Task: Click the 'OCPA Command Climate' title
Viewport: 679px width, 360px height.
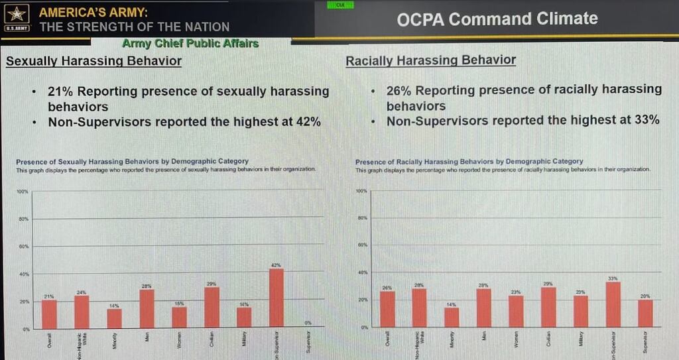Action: (497, 19)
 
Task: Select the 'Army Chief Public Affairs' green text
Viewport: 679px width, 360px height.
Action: (190, 44)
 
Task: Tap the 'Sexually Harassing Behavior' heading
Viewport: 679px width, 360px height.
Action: (93, 61)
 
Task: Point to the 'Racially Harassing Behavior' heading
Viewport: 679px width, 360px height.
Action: (430, 60)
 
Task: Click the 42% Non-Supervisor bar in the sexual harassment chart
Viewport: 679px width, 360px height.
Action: (277, 298)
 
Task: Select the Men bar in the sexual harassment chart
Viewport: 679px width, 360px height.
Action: (147, 308)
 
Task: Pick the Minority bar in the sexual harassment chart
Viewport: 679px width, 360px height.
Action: (115, 318)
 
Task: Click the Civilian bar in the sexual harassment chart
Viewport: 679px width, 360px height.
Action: (212, 308)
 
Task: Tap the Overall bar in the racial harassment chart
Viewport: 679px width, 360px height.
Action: (387, 309)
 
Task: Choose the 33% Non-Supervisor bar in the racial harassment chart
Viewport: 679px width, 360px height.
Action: (613, 304)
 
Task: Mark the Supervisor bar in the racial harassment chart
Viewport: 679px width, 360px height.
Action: (645, 313)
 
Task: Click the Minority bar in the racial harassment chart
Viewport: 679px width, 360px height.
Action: (452, 317)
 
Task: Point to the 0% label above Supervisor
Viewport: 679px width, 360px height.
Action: (308, 324)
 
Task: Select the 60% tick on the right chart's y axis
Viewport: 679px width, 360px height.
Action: (362, 245)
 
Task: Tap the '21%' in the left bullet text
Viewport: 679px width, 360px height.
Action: (60, 91)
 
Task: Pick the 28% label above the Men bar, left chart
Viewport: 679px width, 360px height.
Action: (147, 286)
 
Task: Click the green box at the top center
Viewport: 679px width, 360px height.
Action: (340, 5)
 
